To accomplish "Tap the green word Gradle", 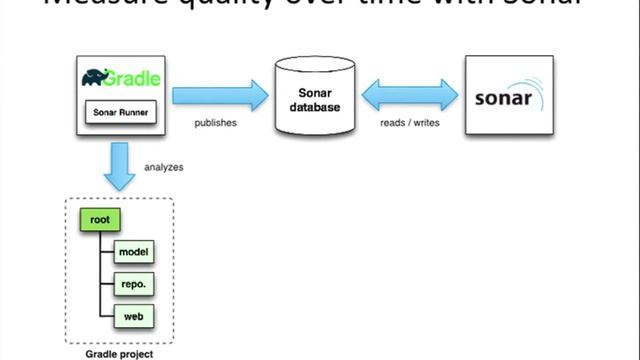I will click(x=135, y=77).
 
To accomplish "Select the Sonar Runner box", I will click(x=120, y=112).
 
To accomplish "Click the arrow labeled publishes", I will click(x=221, y=97).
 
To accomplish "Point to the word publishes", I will click(x=214, y=124).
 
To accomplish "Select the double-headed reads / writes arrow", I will click(x=410, y=97).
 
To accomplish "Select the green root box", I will click(x=99, y=218).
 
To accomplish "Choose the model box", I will click(x=134, y=252).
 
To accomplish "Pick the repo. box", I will click(x=134, y=284).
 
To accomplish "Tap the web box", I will click(x=134, y=317).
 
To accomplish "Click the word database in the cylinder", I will click(x=316, y=108).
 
